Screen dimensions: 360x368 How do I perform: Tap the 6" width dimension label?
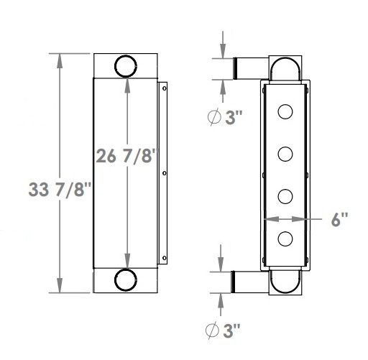(341, 220)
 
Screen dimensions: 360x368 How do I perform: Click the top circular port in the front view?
(126, 65)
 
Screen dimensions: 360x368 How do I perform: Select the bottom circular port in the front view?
(126, 280)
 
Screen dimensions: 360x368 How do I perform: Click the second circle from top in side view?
(285, 154)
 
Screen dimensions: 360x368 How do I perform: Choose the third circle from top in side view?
(285, 196)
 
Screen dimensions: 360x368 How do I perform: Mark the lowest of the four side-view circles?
(285, 239)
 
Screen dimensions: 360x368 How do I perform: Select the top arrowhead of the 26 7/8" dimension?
(126, 85)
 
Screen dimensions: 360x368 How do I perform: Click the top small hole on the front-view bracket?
(165, 88)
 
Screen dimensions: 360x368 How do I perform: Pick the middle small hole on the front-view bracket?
(165, 173)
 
